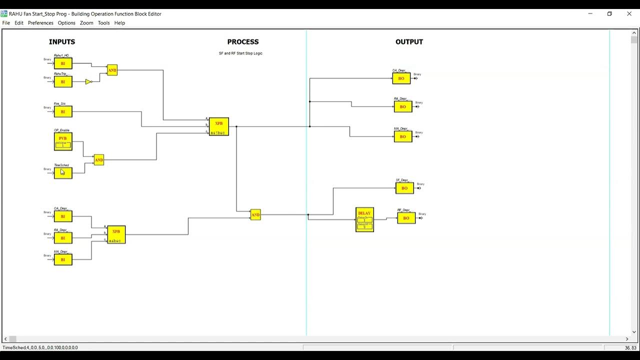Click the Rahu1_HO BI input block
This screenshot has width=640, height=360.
click(63, 63)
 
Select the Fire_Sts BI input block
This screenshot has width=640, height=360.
click(63, 111)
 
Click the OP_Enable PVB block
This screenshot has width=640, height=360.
click(63, 141)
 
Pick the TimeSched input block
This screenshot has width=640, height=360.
click(63, 173)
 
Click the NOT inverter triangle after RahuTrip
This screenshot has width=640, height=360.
click(88, 81)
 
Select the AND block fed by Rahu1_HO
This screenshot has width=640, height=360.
click(112, 70)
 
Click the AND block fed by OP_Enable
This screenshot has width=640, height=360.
click(99, 160)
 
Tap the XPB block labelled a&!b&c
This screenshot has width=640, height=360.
click(218, 126)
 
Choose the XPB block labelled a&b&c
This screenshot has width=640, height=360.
click(116, 234)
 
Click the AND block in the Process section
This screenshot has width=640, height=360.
click(255, 214)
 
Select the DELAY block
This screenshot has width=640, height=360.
click(364, 219)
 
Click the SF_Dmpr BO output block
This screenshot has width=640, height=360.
click(404, 188)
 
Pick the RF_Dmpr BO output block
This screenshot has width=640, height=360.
click(406, 218)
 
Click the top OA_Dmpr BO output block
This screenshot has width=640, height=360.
click(401, 78)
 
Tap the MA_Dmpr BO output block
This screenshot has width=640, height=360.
click(403, 136)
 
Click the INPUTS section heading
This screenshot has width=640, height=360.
click(62, 42)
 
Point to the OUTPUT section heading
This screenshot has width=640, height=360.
click(409, 42)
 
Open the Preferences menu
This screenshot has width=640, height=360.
click(40, 23)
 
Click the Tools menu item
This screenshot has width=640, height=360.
click(103, 23)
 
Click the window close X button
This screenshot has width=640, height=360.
click(629, 14)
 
